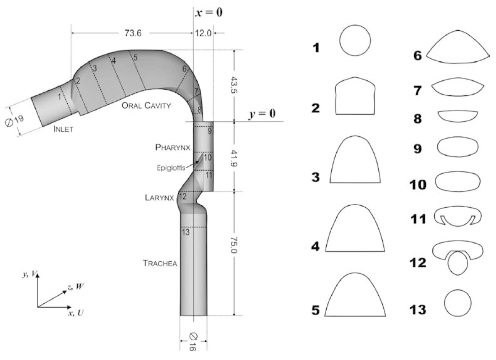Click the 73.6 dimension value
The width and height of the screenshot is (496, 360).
click(133, 33)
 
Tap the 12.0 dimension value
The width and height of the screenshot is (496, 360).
click(203, 33)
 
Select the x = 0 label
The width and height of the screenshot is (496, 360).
click(209, 12)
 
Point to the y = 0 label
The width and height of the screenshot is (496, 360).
click(262, 114)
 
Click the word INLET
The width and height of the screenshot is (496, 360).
click(63, 129)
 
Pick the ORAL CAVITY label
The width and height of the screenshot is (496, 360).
click(146, 106)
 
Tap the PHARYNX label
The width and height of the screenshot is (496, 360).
click(172, 147)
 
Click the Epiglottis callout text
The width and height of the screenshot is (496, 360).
click(171, 168)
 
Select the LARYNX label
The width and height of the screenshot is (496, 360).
click(159, 197)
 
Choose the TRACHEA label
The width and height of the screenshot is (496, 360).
click(160, 263)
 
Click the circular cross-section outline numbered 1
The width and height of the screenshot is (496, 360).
click(355, 40)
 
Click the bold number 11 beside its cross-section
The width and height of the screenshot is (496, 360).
click(418, 219)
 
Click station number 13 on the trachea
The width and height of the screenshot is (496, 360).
click(185, 232)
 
